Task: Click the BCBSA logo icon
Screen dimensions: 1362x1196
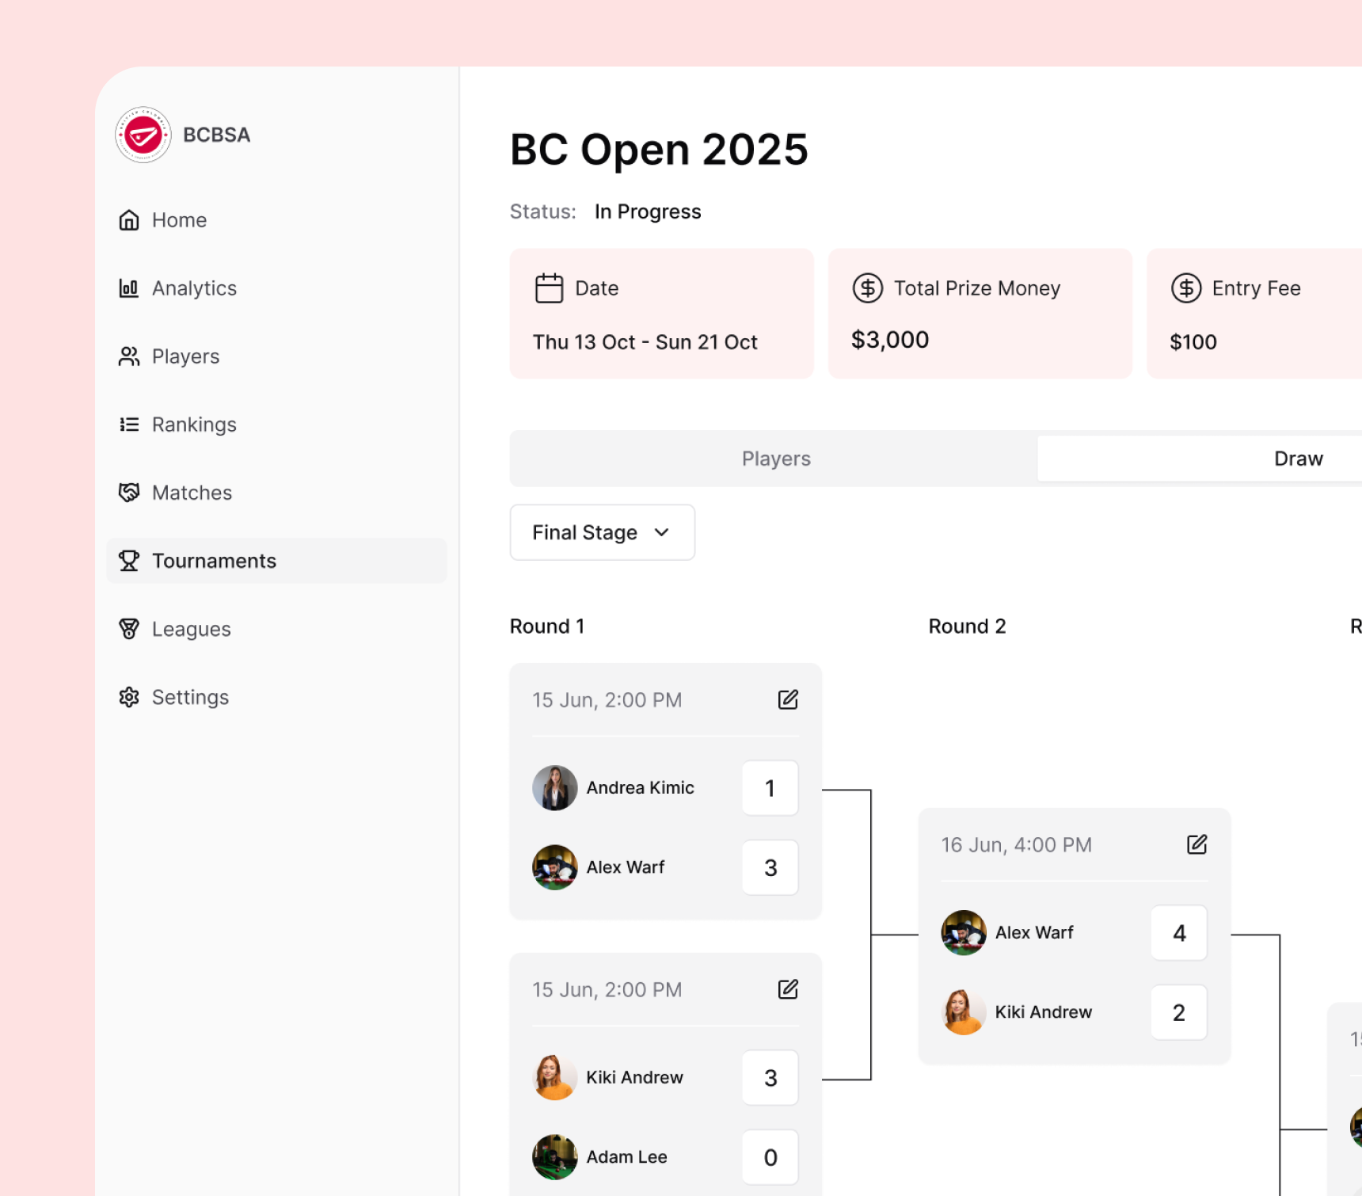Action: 143,135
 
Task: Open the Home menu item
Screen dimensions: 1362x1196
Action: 179,220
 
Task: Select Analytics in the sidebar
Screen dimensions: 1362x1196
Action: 194,288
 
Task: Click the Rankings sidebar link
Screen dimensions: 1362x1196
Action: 194,425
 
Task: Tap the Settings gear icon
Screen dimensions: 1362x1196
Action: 129,697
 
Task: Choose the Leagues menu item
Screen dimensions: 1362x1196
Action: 191,629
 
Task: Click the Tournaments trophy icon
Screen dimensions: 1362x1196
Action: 129,561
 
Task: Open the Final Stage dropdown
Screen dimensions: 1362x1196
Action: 602,532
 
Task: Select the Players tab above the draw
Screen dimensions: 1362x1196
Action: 775,459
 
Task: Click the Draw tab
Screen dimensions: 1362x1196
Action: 1297,459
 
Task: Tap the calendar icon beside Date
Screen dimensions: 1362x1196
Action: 549,288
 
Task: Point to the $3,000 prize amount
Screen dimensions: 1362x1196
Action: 889,340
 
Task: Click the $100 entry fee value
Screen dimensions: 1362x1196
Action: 1193,342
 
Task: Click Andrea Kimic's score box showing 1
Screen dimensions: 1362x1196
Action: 770,788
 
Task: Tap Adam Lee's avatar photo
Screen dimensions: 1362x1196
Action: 554,1157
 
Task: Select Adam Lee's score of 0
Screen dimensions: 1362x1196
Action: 770,1157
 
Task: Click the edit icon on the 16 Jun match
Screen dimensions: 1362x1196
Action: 1197,845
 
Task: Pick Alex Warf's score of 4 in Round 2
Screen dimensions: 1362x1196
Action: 1178,933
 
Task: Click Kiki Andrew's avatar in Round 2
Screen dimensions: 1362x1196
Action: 963,1012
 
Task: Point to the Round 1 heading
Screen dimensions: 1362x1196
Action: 547,627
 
